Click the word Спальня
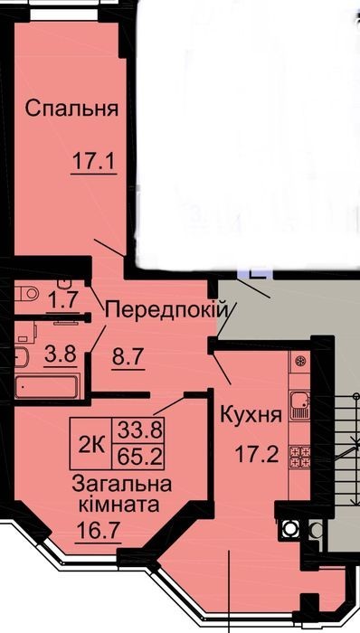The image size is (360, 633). (71, 109)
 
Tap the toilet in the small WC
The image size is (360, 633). (26, 293)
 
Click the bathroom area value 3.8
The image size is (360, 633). (61, 356)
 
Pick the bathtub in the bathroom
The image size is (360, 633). (47, 387)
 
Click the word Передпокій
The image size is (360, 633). (166, 311)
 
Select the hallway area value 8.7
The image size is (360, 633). (128, 357)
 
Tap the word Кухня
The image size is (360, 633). (251, 414)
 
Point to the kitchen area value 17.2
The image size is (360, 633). (257, 455)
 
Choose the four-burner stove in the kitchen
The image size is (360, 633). (300, 457)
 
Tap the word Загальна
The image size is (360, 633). (121, 485)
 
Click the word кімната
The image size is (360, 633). (118, 505)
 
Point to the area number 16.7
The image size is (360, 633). (98, 531)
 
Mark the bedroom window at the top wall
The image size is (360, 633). (64, 14)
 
